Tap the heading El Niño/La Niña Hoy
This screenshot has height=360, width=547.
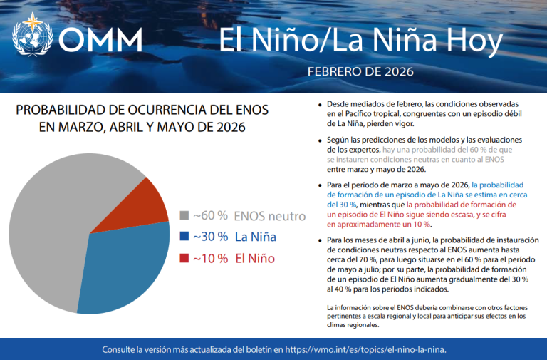(360, 40)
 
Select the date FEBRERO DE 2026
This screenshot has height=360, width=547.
(360, 72)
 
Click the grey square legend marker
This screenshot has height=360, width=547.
(184, 215)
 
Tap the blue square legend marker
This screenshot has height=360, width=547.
(184, 237)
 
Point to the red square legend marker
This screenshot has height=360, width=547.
(184, 258)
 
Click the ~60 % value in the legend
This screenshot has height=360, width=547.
(210, 215)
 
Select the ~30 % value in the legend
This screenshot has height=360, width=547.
(210, 237)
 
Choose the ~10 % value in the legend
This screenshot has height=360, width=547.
(210, 258)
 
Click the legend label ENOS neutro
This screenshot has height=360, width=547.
(270, 215)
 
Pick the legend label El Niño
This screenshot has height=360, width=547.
(254, 258)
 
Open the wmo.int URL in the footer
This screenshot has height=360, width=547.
(366, 350)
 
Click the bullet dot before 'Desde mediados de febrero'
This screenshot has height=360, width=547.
(321, 104)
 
